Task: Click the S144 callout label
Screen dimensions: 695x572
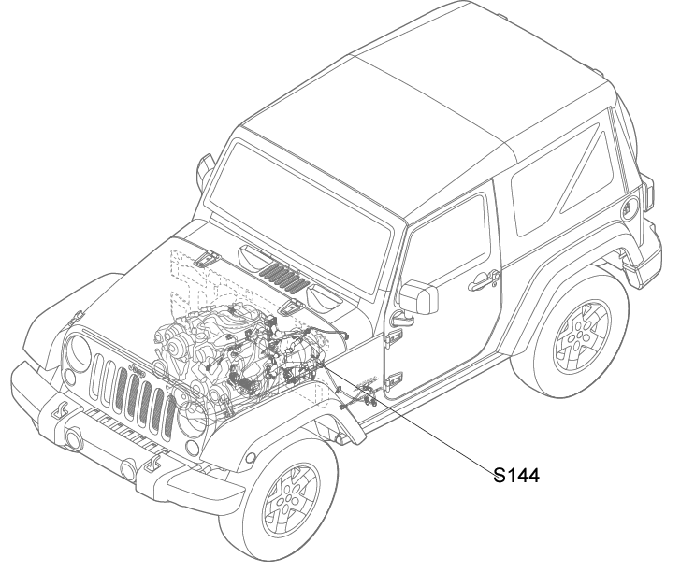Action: pyautogui.click(x=516, y=476)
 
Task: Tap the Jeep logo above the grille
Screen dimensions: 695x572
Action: pyautogui.click(x=137, y=370)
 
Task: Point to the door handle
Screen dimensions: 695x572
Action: pyautogui.click(x=484, y=279)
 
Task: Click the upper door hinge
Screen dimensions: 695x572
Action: pyautogui.click(x=393, y=337)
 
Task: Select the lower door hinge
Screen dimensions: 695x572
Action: pyautogui.click(x=392, y=379)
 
